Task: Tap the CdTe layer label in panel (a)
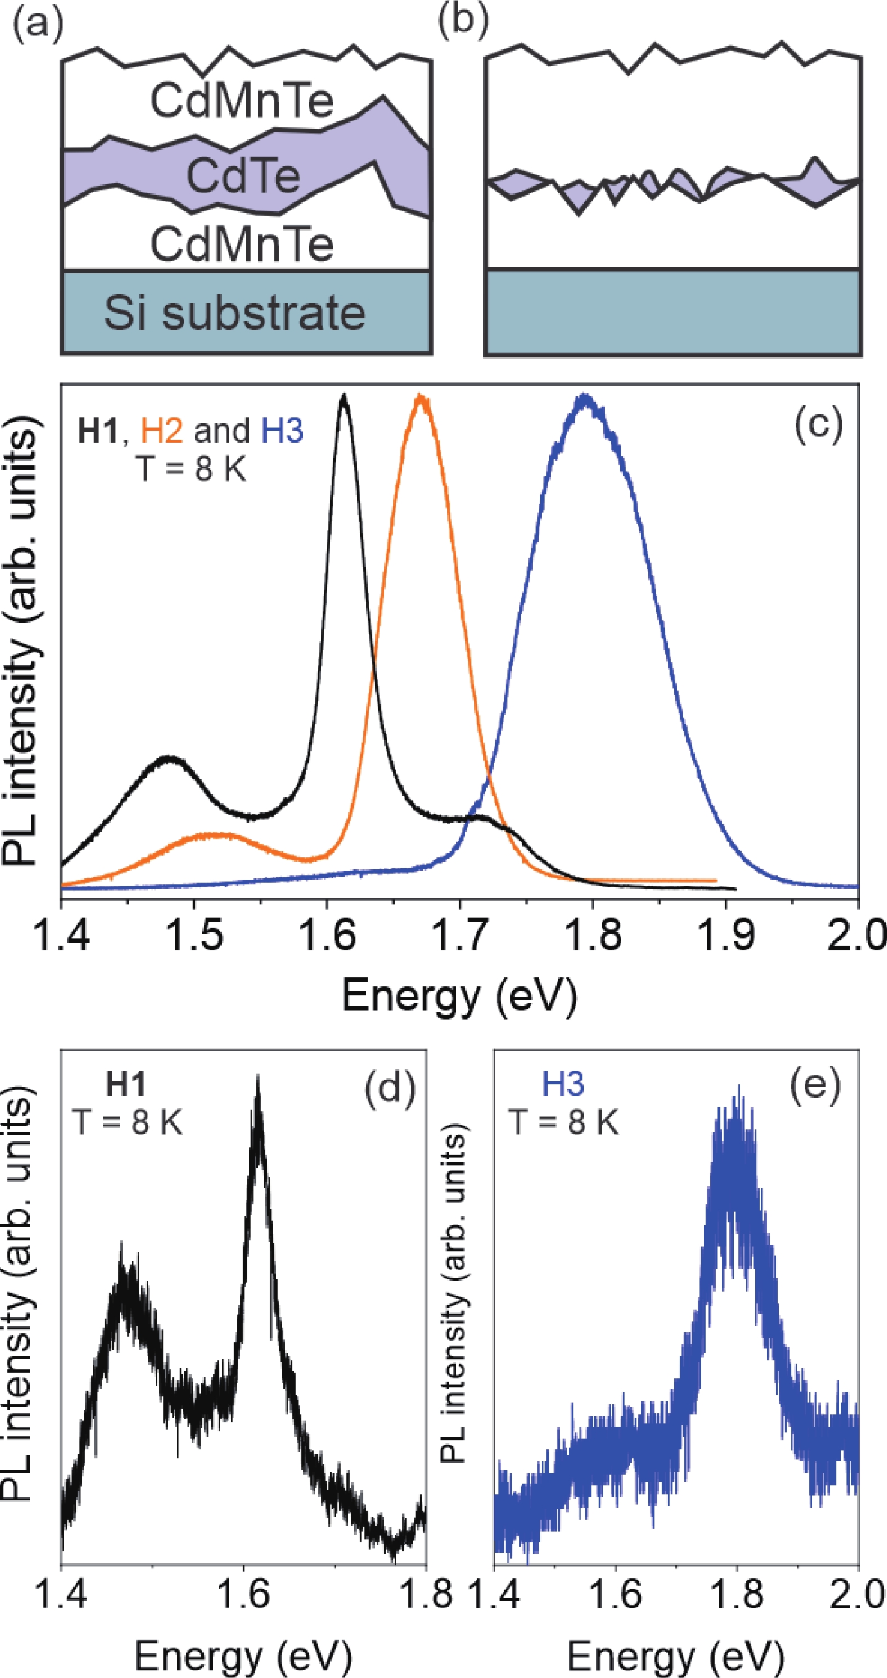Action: tap(243, 176)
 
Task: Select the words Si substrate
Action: tap(234, 313)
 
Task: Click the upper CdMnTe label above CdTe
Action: tap(242, 101)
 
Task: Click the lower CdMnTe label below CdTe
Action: tap(242, 244)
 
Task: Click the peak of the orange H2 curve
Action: tap(421, 396)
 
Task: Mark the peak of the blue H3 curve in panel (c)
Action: tap(585, 396)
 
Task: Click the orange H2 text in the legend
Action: tap(162, 430)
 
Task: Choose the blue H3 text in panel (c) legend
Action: tap(282, 430)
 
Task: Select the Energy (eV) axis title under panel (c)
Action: tap(459, 995)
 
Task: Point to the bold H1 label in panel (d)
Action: tap(126, 1084)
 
